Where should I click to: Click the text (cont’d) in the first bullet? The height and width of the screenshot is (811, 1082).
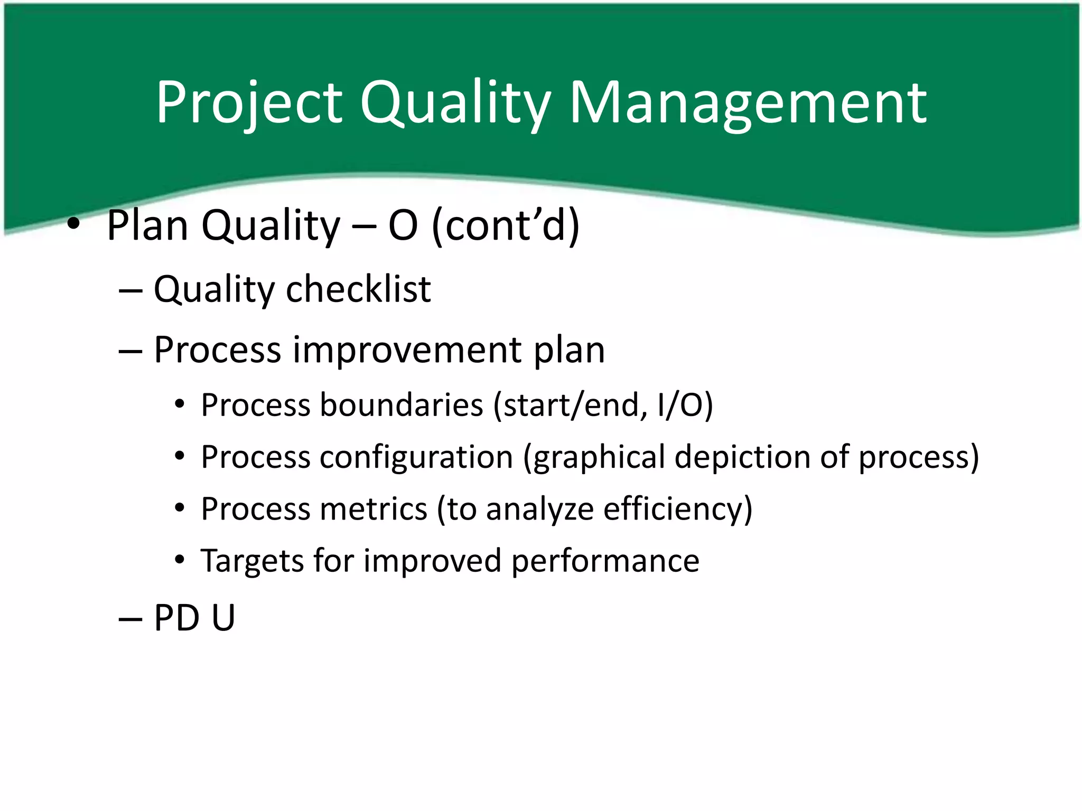click(x=506, y=225)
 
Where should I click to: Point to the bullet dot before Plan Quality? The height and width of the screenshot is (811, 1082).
click(x=73, y=225)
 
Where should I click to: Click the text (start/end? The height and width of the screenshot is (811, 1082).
click(x=570, y=405)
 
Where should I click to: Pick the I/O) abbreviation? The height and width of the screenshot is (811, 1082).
click(x=685, y=405)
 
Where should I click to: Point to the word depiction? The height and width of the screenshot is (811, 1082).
click(x=742, y=457)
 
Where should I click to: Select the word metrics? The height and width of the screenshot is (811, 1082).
click(x=373, y=509)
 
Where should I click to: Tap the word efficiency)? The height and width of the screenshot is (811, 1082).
click(x=677, y=509)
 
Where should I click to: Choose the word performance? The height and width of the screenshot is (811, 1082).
click(x=605, y=561)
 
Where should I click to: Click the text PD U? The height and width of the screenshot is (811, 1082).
click(x=194, y=617)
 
